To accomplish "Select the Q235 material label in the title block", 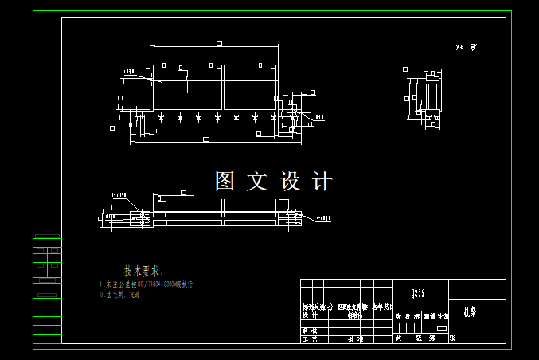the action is (417, 294).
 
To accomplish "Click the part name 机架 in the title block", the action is (470, 313).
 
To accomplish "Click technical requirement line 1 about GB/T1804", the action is (146, 284).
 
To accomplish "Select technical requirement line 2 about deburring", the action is (120, 295).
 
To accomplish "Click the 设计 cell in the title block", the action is (310, 315).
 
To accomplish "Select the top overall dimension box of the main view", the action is (217, 44).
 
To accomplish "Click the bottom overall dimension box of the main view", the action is (206, 140).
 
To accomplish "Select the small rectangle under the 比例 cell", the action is (442, 327).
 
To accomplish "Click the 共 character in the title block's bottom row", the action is (399, 338).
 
